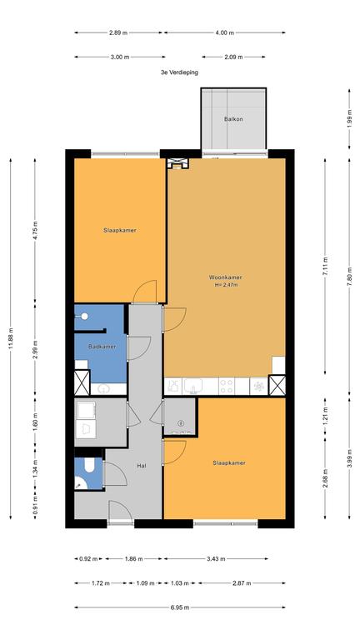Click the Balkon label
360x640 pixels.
point(233,119)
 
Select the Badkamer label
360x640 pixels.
point(102,347)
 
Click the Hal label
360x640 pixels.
point(142,465)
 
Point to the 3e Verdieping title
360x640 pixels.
point(179,72)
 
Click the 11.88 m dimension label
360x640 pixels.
point(11,338)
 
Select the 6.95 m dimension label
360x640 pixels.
point(180,607)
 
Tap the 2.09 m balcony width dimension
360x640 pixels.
point(233,57)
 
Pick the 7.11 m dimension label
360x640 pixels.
point(325,266)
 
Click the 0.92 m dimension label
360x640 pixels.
point(88,559)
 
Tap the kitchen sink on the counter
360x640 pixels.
point(193,385)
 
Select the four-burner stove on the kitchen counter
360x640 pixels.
point(227,386)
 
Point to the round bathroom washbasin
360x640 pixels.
point(105,389)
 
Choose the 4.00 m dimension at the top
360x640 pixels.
point(224,32)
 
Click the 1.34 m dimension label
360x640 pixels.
point(35,468)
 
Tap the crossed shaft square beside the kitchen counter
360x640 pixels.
point(277,385)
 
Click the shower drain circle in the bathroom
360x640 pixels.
point(84,316)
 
